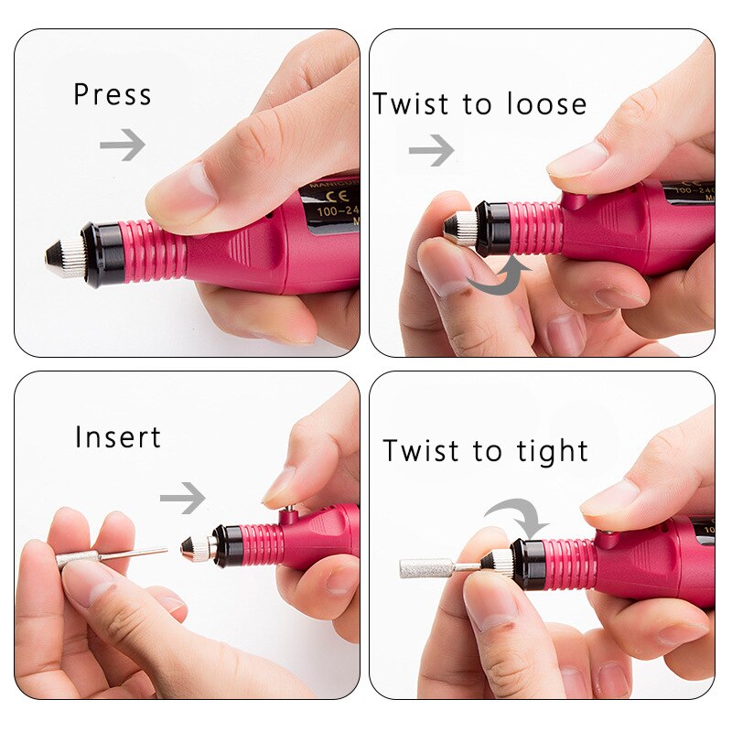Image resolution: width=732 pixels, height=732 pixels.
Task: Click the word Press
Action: click(112, 94)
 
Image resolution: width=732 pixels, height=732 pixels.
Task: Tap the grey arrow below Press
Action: click(123, 144)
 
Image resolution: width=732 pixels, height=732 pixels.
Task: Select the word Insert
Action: click(118, 436)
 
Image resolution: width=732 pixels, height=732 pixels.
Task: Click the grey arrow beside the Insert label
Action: click(182, 498)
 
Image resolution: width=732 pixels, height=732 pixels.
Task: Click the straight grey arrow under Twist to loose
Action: click(431, 150)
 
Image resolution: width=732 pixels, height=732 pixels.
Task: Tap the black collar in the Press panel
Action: click(102, 253)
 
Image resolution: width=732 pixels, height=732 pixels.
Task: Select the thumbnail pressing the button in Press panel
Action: click(183, 192)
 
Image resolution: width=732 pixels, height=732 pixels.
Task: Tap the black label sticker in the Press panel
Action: click(329, 207)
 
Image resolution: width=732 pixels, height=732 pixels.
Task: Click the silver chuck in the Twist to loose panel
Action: click(462, 229)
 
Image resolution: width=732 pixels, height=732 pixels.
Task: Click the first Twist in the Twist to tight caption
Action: click(418, 451)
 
